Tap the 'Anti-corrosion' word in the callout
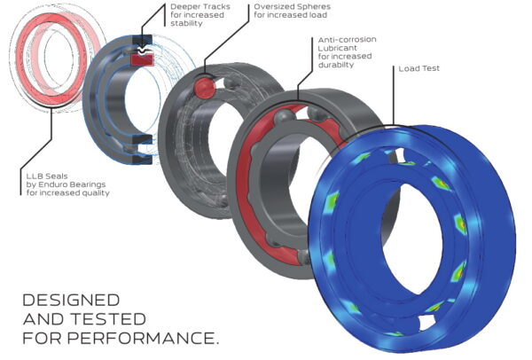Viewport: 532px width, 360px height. point(344,40)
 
